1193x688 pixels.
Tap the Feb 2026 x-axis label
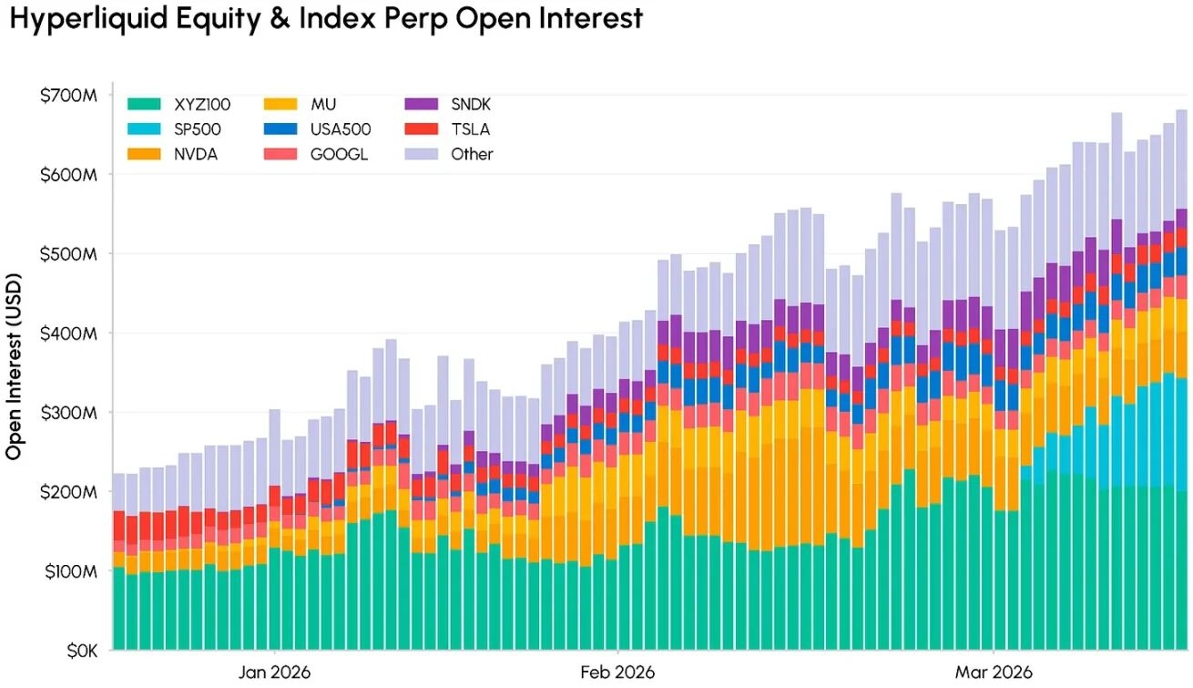(617, 673)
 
